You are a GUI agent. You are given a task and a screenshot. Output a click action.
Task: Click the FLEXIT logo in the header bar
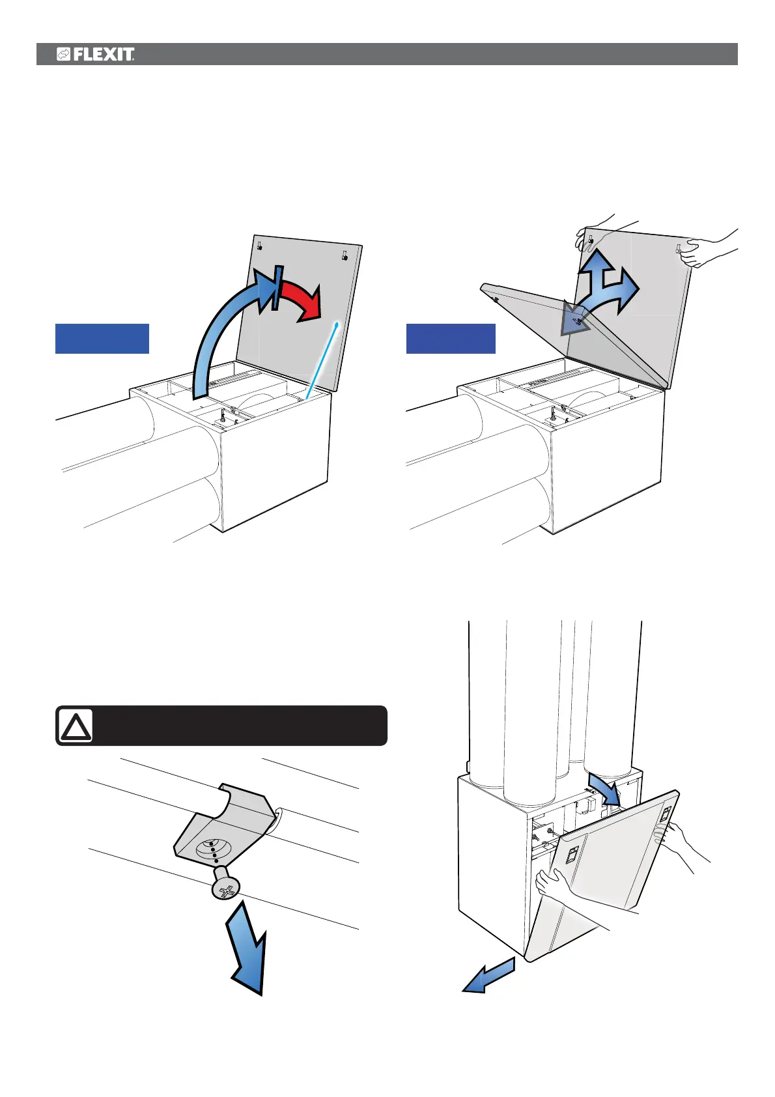click(96, 55)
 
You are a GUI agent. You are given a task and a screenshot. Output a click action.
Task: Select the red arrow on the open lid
click(301, 299)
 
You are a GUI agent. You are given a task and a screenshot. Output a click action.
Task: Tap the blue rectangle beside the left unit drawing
click(102, 339)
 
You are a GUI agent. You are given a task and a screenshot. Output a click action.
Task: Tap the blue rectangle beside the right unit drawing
click(451, 339)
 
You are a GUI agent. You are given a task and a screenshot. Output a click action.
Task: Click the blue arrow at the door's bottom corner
click(488, 976)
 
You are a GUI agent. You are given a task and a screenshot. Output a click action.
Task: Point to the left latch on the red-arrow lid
click(259, 246)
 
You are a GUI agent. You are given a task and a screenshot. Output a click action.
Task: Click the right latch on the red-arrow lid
click(345, 255)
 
